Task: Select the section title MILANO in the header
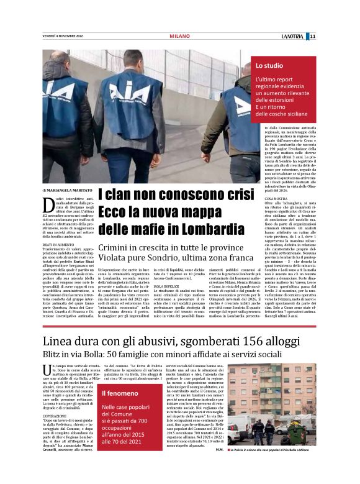[179, 36]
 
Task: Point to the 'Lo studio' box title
[269, 65]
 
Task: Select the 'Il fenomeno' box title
[120, 393]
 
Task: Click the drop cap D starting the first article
[48, 204]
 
